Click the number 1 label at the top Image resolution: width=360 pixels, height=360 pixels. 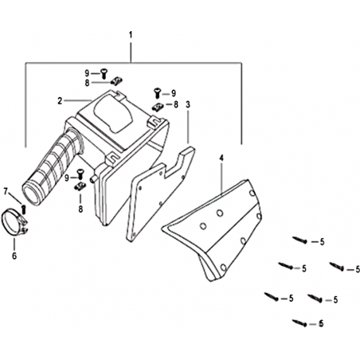131,35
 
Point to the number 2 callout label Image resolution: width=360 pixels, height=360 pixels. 60,100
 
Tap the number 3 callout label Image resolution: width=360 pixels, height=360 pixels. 188,104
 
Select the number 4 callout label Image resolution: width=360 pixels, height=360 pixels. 221,158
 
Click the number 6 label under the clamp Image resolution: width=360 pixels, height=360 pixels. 14,256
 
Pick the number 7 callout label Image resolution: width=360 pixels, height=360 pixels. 6,191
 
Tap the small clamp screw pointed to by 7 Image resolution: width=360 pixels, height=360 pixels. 24,209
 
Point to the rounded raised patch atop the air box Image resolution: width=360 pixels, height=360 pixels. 114,115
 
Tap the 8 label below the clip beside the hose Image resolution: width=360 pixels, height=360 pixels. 80,209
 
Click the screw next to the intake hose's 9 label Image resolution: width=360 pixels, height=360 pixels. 80,174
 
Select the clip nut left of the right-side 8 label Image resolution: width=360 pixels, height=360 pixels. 157,108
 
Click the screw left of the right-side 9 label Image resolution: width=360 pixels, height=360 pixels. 157,92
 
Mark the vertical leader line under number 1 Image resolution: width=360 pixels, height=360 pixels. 131,51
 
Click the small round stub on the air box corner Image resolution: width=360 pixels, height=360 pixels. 93,178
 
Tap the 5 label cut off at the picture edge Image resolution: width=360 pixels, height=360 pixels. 358,270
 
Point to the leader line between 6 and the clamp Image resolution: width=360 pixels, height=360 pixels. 14,244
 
